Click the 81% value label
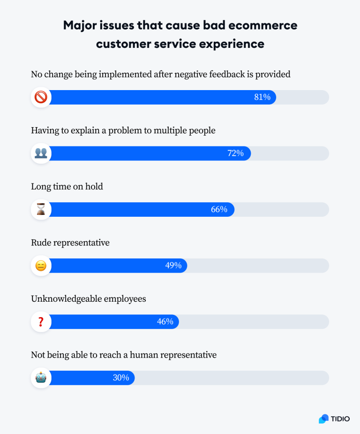coord(262,97)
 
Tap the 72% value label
coord(235,153)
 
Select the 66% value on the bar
coord(219,209)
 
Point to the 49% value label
coord(173,266)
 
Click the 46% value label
coord(165,321)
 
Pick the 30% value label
coord(120,378)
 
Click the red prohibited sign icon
coord(41,97)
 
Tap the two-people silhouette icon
coord(41,153)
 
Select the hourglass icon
coord(41,209)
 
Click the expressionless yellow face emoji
coord(41,266)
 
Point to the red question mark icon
coord(41,321)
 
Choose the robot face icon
coord(41,378)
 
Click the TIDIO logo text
coord(340,419)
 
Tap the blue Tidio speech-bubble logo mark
coord(324,419)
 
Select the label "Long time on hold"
coord(67,187)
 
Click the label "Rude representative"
coord(70,243)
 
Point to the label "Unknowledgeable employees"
coord(89,299)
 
